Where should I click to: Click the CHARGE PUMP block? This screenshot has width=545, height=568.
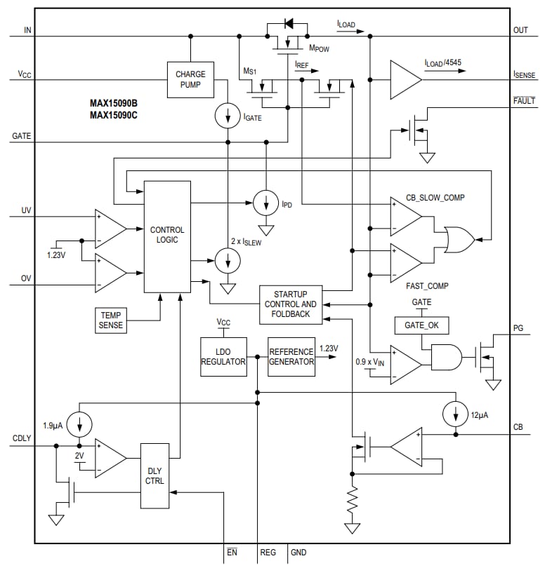[190, 79]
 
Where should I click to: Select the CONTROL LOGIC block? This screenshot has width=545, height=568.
[167, 235]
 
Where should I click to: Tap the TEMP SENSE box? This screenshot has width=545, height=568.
[110, 320]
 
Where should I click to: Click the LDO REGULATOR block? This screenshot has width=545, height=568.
[223, 356]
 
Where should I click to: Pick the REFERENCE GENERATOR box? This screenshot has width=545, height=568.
[291, 356]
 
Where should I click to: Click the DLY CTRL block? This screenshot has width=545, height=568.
[155, 475]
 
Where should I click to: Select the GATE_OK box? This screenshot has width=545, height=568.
[421, 325]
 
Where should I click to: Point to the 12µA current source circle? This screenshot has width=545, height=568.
[456, 414]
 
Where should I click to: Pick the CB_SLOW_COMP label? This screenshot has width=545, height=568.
[435, 198]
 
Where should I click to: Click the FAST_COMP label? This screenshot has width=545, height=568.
[427, 286]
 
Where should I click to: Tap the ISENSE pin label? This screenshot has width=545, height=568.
[525, 74]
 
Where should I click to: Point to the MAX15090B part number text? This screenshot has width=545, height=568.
[113, 102]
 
